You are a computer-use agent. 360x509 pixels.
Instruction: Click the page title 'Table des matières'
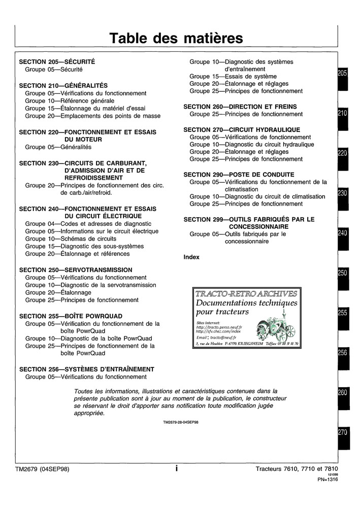(x=177, y=38)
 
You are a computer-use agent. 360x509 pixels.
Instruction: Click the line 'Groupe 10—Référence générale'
(x=70, y=101)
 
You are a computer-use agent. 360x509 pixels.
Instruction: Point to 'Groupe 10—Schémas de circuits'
(x=71, y=239)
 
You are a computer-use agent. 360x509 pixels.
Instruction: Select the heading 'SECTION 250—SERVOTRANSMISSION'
(x=75, y=270)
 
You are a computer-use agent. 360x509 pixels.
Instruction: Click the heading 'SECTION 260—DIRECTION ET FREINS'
(x=240, y=107)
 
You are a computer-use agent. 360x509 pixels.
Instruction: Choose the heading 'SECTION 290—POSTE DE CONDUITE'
(x=239, y=174)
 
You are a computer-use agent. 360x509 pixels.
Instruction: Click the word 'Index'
(x=191, y=257)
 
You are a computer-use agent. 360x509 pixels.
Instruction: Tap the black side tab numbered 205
(x=342, y=74)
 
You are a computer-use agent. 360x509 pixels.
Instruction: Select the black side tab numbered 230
(x=342, y=193)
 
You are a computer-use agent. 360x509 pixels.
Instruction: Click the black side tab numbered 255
(x=342, y=313)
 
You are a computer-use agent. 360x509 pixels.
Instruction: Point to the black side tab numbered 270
(x=342, y=432)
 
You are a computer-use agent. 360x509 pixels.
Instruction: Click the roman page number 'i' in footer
(x=176, y=469)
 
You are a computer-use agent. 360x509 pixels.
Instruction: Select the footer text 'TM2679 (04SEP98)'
(x=42, y=469)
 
